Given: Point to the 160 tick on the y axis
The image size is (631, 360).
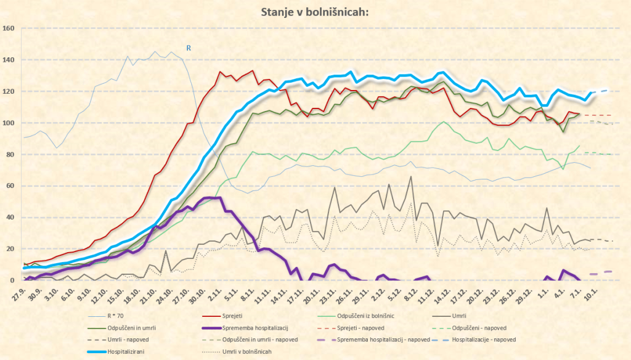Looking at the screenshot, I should (9, 28).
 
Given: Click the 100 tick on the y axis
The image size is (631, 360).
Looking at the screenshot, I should (9, 123).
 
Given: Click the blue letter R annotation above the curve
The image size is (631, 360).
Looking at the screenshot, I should (189, 47).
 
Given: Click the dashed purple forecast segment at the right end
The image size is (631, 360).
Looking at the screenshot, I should (601, 272).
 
